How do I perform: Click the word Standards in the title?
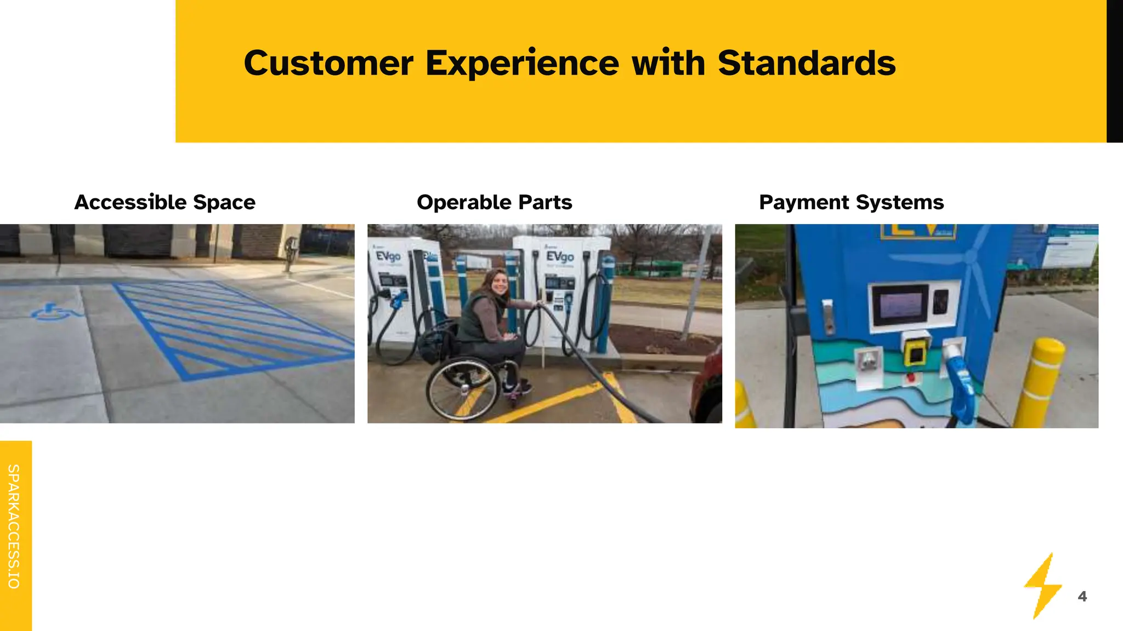tap(806, 64)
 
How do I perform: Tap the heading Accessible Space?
tap(165, 202)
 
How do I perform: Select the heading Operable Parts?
tap(494, 202)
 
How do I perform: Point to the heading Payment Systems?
tap(851, 202)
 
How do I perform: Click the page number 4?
tap(1082, 596)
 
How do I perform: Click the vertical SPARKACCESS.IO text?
tap(14, 526)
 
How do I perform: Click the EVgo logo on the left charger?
tap(388, 256)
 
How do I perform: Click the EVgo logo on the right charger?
tap(559, 256)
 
